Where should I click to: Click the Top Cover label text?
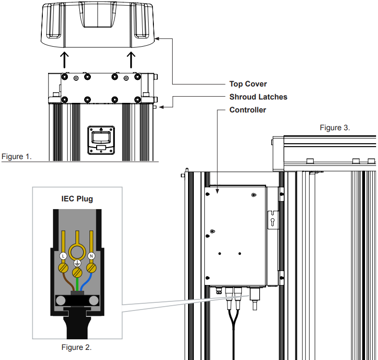248,84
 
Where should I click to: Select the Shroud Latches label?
258,97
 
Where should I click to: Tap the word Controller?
247,110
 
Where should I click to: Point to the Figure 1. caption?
16,157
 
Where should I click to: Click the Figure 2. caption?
76,347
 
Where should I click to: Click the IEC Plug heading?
76,199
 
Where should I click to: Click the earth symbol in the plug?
77,264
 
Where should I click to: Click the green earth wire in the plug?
77,284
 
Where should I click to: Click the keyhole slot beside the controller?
273,220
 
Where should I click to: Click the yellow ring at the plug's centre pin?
77,250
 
